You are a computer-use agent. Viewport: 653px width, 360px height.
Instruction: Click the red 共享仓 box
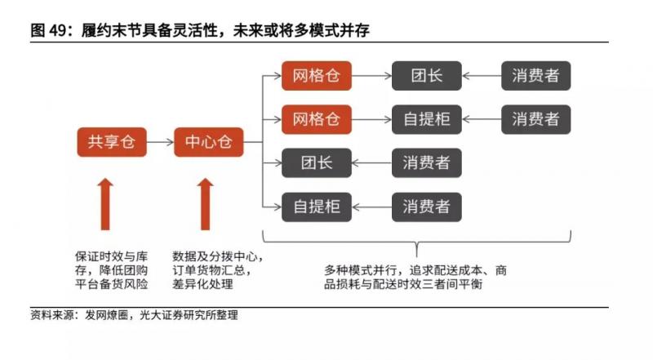point(111,142)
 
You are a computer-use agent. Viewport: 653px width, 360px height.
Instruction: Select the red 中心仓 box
point(209,142)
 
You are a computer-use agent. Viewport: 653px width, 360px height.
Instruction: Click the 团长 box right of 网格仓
point(425,77)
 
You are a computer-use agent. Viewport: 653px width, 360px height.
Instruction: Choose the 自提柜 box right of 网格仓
point(425,119)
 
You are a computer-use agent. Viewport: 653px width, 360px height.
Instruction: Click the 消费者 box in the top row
point(535,77)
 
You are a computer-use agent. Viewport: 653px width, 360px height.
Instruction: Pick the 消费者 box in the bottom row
point(425,206)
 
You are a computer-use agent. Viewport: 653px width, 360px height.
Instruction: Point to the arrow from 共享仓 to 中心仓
point(160,142)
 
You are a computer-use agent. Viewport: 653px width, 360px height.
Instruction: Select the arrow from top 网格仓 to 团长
point(371,77)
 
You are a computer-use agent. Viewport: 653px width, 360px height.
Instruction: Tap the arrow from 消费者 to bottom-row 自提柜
point(371,206)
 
